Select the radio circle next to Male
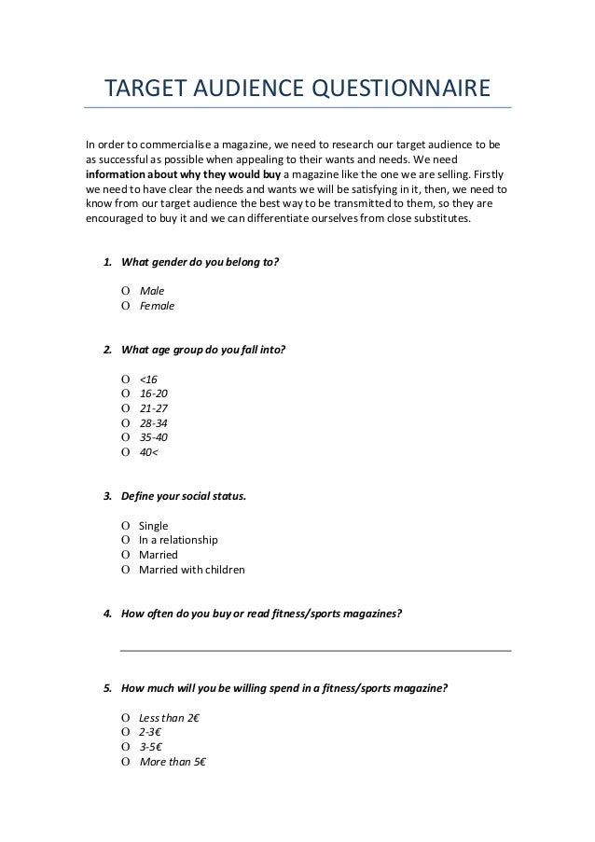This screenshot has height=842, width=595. (125, 290)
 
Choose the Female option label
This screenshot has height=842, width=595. (157, 305)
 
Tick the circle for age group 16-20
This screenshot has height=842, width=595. (125, 393)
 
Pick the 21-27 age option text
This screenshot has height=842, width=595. (153, 408)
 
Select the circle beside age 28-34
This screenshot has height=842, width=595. (125, 422)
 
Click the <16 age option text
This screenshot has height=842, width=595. (148, 379)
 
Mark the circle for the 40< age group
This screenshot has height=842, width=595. (125, 452)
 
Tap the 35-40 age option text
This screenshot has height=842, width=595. (153, 437)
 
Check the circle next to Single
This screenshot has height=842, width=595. (125, 526)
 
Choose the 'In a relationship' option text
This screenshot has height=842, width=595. (178, 540)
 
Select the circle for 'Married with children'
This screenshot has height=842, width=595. (125, 570)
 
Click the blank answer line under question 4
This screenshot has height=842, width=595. (316, 650)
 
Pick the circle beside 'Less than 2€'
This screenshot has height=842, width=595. (125, 717)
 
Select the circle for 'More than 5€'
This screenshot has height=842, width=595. (125, 761)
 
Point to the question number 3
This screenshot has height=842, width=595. (107, 496)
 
